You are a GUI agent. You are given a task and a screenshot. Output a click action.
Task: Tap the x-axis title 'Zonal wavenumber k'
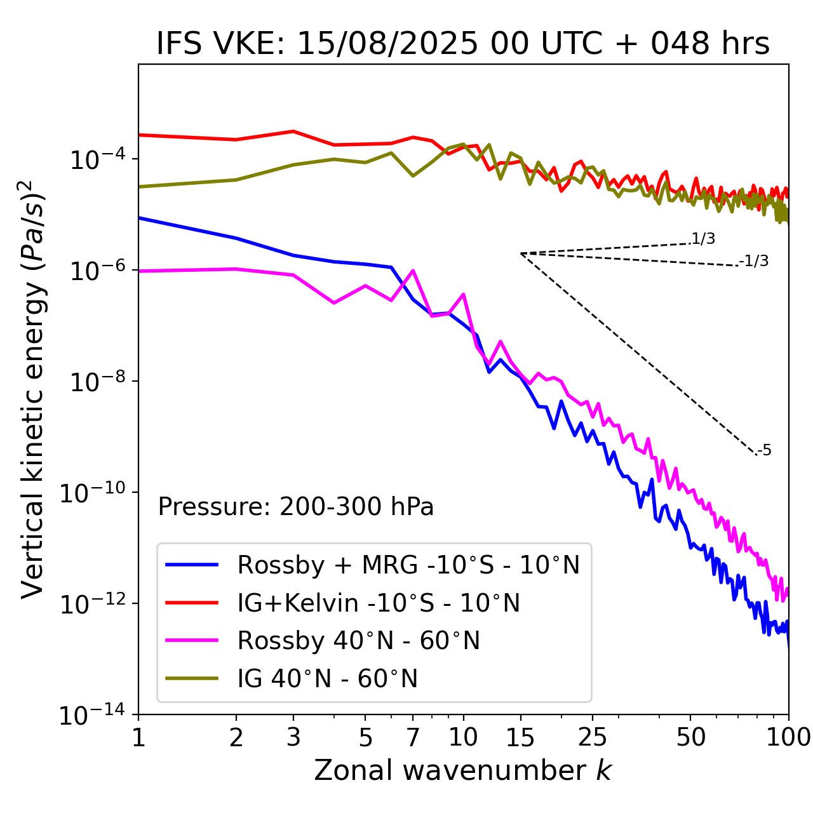click(x=463, y=770)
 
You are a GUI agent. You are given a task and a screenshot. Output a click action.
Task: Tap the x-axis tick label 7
click(x=413, y=737)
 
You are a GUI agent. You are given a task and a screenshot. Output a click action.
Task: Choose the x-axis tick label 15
click(x=521, y=737)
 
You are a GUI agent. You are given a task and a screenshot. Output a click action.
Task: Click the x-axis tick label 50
click(x=691, y=737)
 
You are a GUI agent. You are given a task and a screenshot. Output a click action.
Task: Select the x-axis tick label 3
click(x=293, y=737)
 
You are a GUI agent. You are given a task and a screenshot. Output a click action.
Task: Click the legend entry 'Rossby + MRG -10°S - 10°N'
click(x=408, y=565)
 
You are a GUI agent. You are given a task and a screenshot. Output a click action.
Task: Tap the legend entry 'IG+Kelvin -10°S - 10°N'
click(x=379, y=603)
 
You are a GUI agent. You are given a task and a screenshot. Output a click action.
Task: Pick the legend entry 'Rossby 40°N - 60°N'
click(x=358, y=641)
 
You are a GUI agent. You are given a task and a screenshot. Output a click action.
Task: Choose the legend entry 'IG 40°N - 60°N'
click(x=328, y=679)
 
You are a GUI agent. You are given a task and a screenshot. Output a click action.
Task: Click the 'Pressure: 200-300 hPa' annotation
click(x=296, y=507)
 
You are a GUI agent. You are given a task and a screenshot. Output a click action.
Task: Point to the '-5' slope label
click(x=764, y=451)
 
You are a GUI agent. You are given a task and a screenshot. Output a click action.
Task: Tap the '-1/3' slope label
click(x=754, y=261)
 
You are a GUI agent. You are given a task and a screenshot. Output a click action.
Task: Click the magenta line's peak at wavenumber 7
click(x=413, y=271)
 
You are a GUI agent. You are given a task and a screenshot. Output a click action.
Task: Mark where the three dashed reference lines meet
click(x=521, y=253)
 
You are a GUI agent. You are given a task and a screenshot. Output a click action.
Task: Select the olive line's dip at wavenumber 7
click(x=413, y=176)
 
